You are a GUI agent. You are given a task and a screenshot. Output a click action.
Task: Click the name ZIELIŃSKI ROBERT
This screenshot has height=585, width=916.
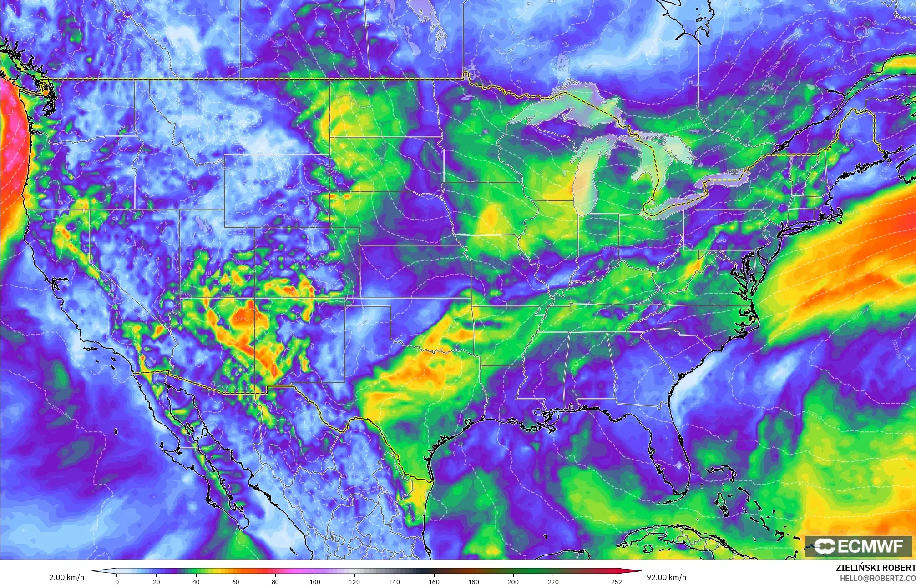(x=876, y=568)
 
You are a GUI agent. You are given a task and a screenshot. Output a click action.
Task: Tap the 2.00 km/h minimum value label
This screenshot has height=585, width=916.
(x=66, y=577)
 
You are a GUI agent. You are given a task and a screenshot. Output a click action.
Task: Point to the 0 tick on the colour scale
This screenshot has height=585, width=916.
(x=117, y=581)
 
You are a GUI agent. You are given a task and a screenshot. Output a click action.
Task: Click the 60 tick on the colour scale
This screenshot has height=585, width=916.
(x=236, y=581)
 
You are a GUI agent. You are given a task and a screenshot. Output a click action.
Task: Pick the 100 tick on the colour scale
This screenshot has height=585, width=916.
(x=315, y=581)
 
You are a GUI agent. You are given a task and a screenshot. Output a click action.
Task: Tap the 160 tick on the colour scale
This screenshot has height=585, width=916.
(x=434, y=581)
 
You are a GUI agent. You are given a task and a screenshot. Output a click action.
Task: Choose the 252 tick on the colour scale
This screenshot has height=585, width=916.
(x=616, y=581)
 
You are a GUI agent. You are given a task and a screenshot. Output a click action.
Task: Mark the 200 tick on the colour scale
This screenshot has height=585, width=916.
(x=513, y=581)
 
